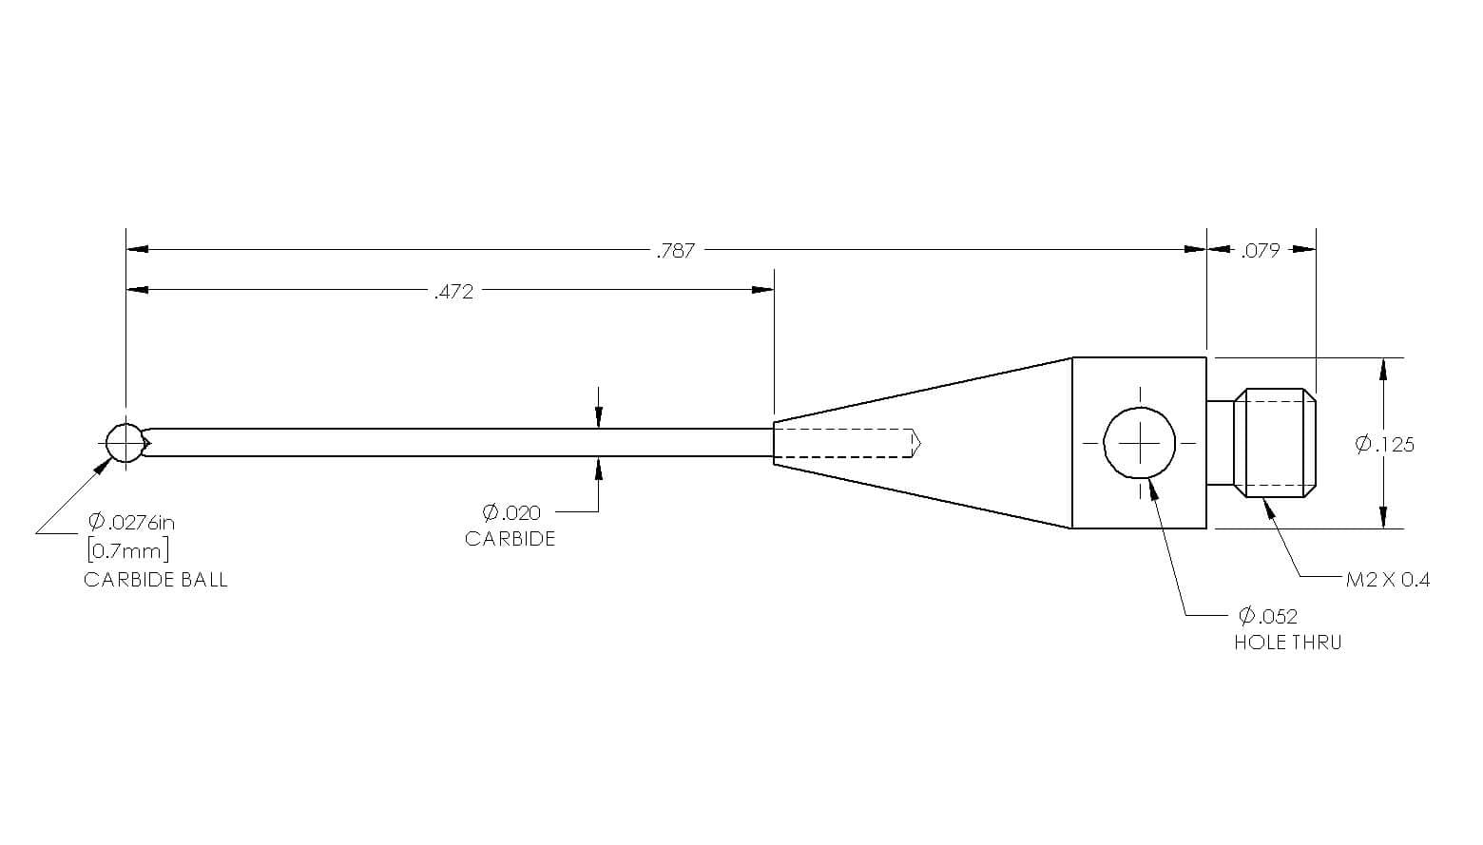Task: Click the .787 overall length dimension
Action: pyautogui.click(x=675, y=251)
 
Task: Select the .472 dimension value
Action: pyautogui.click(x=454, y=292)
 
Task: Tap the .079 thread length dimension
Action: pyautogui.click(x=1261, y=251)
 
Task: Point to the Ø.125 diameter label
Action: pyautogui.click(x=1384, y=444)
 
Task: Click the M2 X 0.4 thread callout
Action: pyautogui.click(x=1388, y=580)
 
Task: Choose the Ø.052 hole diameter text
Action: pyautogui.click(x=1268, y=616)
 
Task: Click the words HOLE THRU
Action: pyautogui.click(x=1288, y=643)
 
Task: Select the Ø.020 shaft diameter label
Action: pyautogui.click(x=511, y=512)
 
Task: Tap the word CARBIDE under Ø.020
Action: pyautogui.click(x=510, y=539)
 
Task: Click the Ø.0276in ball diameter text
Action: pyautogui.click(x=132, y=522)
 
